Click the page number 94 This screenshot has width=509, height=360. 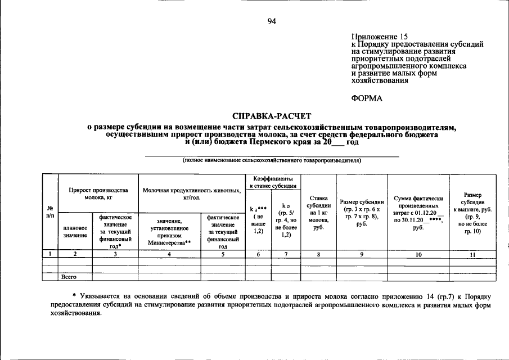point(272,21)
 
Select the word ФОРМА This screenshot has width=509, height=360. point(366,98)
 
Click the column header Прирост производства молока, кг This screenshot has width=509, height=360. point(98,193)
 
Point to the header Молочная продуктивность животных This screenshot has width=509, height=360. point(191,194)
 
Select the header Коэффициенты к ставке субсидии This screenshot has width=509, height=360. point(272,181)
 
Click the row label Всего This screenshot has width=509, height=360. point(69,277)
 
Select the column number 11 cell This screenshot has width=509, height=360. point(472,255)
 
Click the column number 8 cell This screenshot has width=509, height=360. point(319,255)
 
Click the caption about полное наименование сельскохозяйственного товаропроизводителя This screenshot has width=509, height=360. point(272,160)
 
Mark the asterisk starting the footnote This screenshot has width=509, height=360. point(74,295)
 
